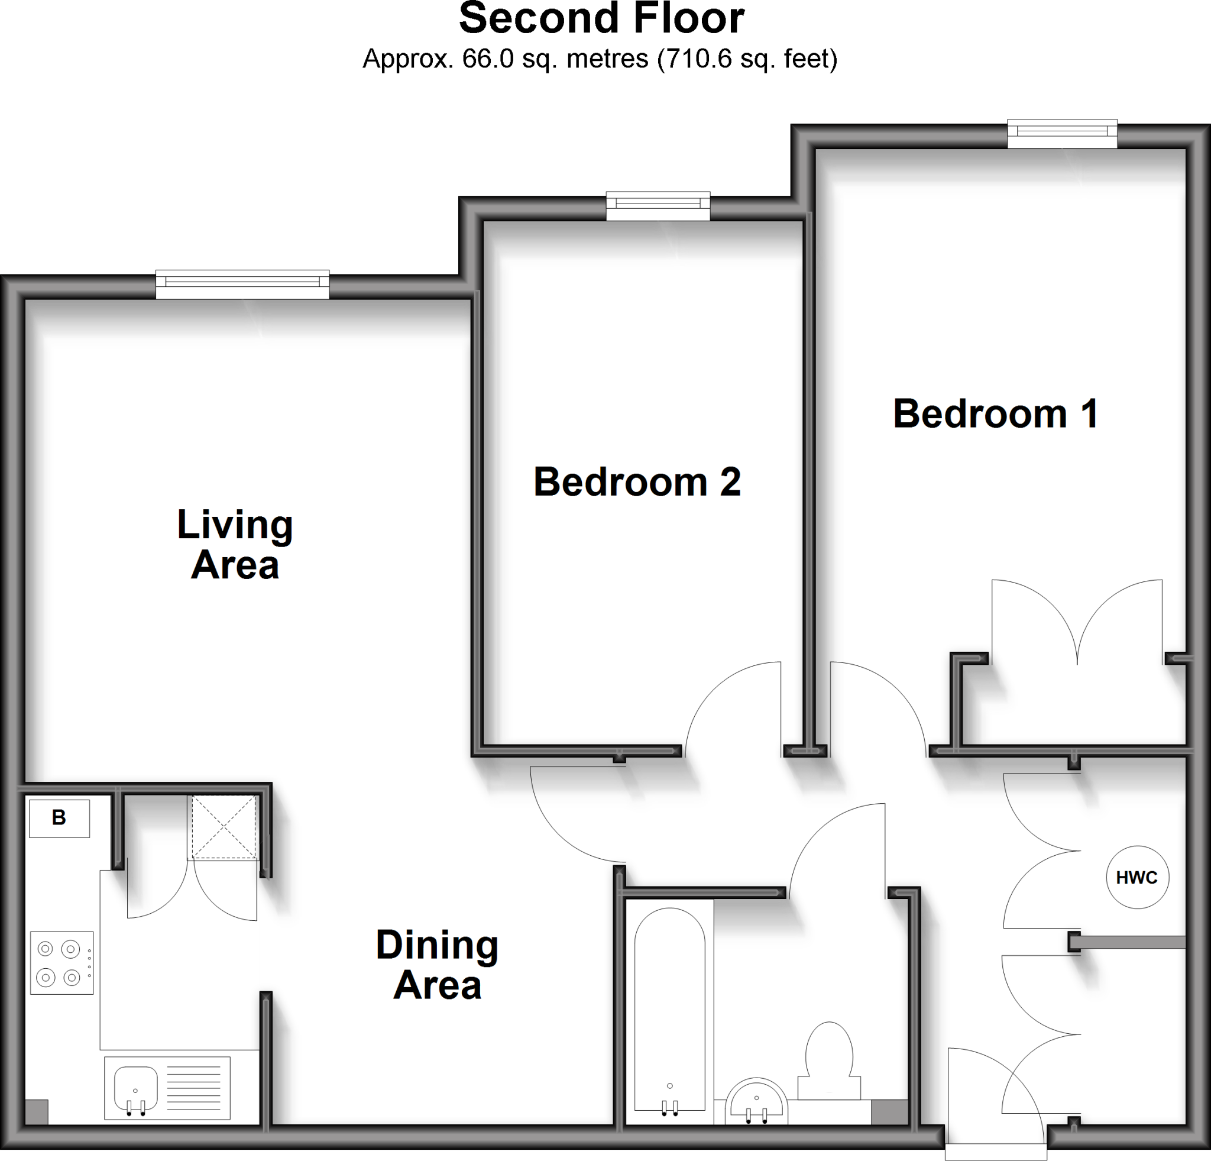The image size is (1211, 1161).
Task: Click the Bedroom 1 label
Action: pos(995,413)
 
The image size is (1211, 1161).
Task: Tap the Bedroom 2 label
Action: pos(636,482)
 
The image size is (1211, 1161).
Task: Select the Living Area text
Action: pos(235,544)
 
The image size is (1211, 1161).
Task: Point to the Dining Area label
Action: pos(437,965)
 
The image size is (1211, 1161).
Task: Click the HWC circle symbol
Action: pos(1137,877)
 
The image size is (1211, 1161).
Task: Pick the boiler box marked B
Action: pos(59,818)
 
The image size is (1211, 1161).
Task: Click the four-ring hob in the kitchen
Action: pos(61,963)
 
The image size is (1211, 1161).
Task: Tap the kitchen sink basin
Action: pos(136,1088)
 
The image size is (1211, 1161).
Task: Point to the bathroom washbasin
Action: pos(756,1104)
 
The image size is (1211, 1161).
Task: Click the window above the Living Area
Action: pos(242,284)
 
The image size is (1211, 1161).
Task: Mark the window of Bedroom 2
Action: pos(658,206)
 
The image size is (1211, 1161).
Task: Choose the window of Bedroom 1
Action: pos(1062,134)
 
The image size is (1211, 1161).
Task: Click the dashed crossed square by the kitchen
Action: pos(224,827)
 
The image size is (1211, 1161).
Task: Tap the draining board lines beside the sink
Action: pos(194,1088)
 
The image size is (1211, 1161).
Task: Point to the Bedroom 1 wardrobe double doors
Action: pos(1077,621)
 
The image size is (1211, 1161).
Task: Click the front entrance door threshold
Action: pos(995,1152)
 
